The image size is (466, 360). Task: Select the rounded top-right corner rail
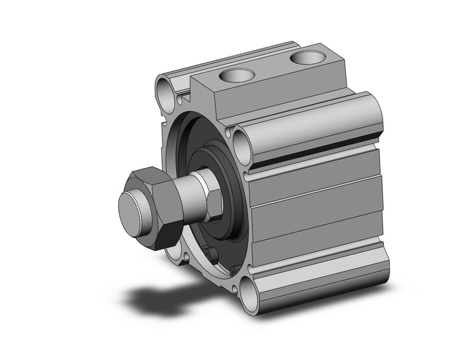pyautogui.click(x=314, y=118)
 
